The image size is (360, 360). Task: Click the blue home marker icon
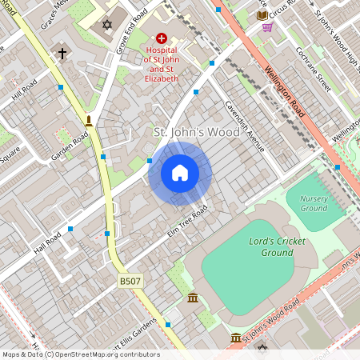180,173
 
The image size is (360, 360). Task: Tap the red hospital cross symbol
162,38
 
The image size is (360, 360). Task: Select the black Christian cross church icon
62,54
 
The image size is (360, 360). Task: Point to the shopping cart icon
267,26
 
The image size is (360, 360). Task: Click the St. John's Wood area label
196,131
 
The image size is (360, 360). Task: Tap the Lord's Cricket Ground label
271,246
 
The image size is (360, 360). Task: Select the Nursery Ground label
314,203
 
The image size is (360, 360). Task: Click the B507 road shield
130,281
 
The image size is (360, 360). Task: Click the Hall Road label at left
47,239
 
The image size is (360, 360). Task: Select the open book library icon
262,15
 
